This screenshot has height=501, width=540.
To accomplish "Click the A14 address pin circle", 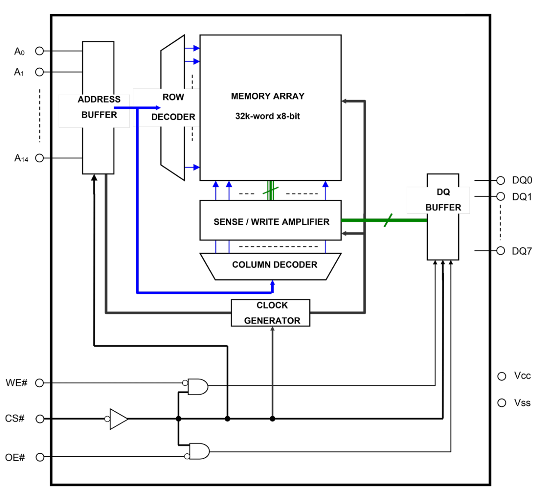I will click(x=40, y=158).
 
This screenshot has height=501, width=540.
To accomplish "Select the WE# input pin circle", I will click(x=40, y=382).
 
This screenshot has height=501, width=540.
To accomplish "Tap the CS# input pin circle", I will click(x=40, y=419).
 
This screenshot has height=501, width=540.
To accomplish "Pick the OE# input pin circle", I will click(x=40, y=457).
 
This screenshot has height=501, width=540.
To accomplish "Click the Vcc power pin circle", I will click(x=501, y=376).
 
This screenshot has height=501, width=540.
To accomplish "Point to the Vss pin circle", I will click(x=501, y=403).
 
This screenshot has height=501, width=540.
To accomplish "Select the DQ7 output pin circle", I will click(x=500, y=250).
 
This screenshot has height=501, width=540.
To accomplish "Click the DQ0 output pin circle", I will click(x=500, y=180).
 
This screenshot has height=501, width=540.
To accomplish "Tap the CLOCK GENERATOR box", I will click(x=271, y=313).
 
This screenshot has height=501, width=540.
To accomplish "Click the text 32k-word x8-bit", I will click(x=267, y=116).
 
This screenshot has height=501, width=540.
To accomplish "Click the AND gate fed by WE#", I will click(x=198, y=387).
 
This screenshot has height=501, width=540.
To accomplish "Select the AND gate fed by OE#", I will click(x=199, y=451).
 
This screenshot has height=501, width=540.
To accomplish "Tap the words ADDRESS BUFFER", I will click(x=99, y=107).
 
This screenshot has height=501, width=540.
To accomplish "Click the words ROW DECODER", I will click(x=173, y=107).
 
